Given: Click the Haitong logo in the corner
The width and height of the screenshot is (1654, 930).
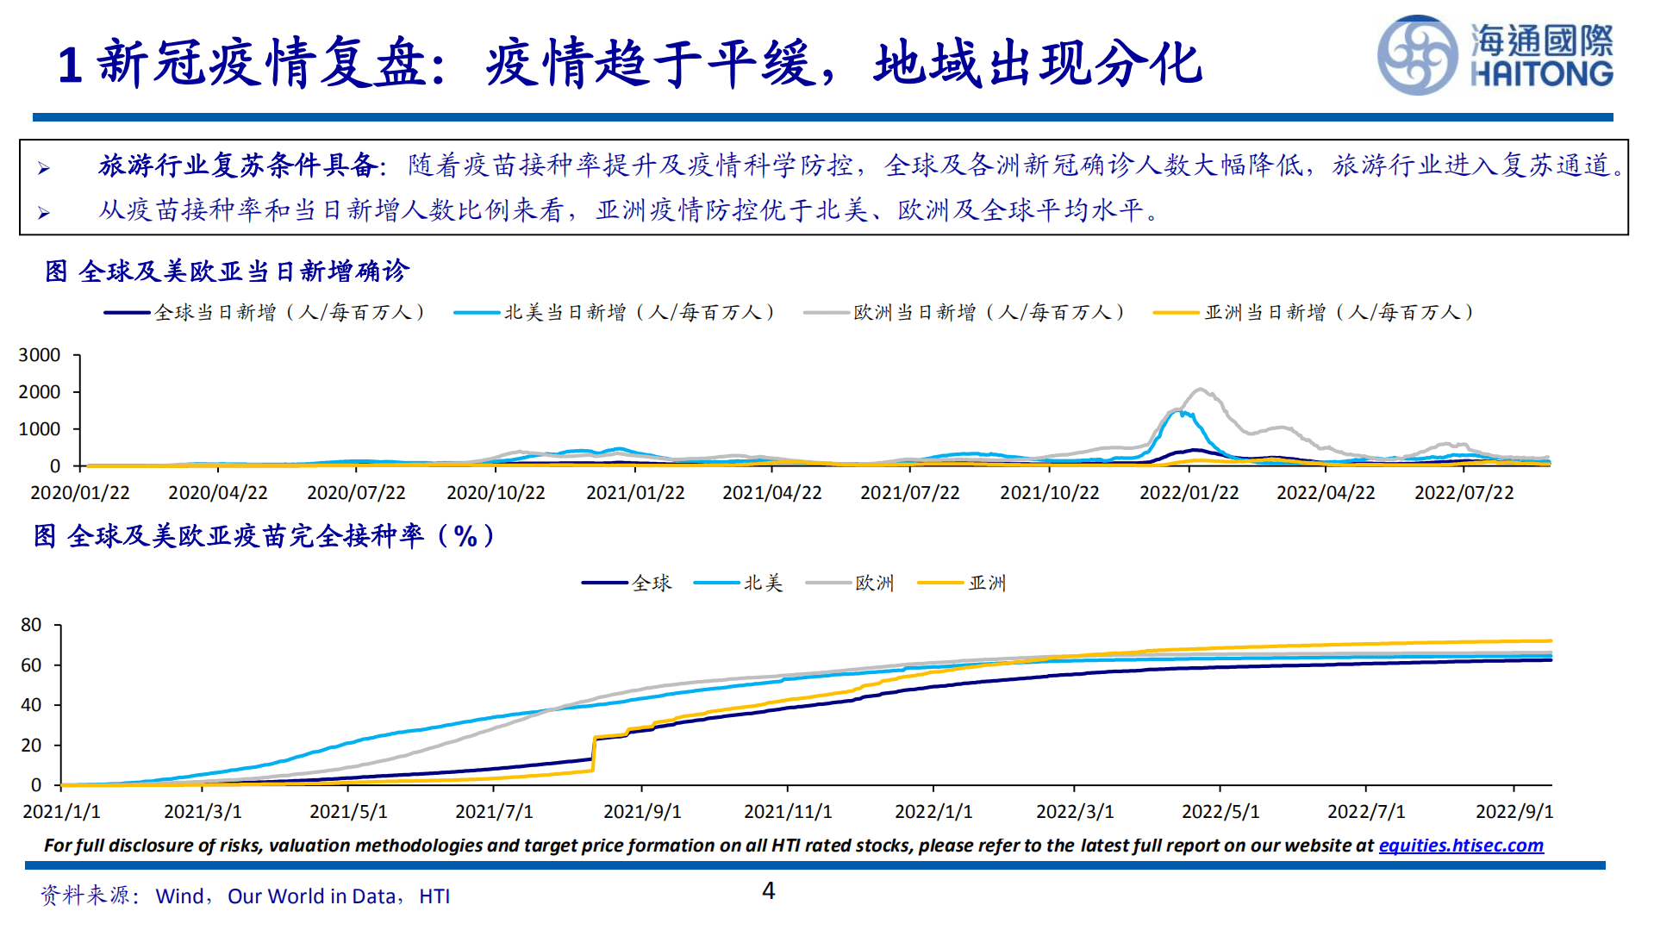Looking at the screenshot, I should click(1495, 55).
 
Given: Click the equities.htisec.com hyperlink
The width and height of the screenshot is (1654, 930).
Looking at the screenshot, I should click(1461, 846).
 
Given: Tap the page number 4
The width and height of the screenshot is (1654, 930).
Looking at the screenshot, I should click(768, 890).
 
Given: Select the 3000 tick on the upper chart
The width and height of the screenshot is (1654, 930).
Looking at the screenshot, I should click(40, 355).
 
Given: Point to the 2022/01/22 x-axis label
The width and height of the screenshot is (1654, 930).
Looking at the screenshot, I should click(1189, 493).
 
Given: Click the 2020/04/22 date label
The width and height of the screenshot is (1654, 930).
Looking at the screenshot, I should click(217, 493).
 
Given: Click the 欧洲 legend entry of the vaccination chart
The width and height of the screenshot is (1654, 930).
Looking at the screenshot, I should click(874, 584).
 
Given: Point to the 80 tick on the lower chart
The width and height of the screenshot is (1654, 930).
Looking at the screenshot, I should click(31, 625).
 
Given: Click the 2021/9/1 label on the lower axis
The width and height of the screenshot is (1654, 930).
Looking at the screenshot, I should click(642, 812).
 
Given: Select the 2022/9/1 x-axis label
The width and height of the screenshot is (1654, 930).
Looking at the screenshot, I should click(1514, 812).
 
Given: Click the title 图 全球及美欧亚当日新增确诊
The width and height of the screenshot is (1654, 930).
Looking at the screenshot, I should click(228, 272).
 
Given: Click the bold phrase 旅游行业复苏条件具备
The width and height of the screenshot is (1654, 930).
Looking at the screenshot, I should click(237, 165).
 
